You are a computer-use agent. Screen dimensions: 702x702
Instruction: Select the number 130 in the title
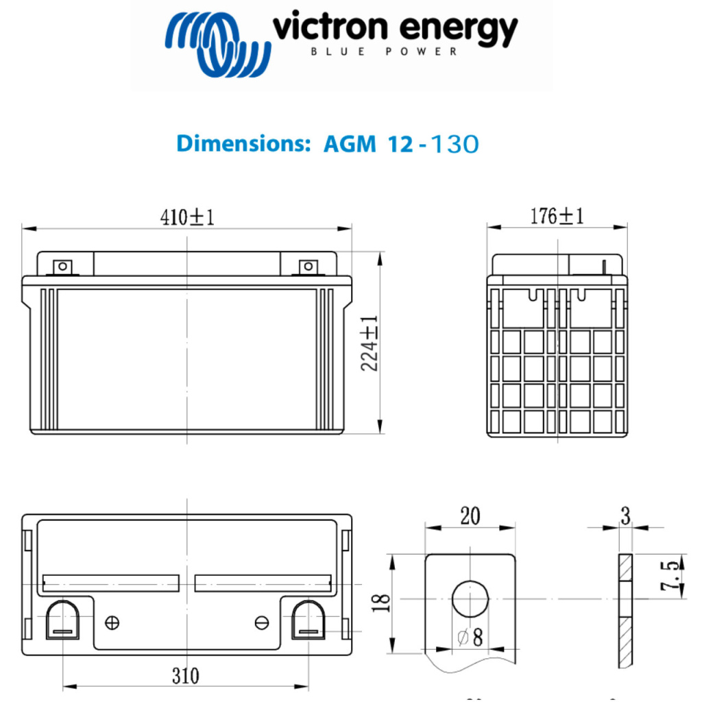click(452, 144)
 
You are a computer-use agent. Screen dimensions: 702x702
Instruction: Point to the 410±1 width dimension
click(187, 217)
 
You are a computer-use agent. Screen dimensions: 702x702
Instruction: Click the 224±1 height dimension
click(371, 343)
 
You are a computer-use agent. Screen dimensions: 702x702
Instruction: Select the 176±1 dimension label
click(557, 217)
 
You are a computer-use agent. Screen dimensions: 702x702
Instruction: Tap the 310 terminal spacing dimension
click(185, 676)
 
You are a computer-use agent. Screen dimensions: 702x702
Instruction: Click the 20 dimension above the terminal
click(470, 516)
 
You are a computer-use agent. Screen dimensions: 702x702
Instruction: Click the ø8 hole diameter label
click(471, 638)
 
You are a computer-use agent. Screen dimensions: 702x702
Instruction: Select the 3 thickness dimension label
click(625, 516)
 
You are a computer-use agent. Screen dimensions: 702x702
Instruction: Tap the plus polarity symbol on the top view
click(112, 622)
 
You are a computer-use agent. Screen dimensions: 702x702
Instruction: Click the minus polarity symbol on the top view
click(261, 622)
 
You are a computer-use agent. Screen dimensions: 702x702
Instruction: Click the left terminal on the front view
click(62, 266)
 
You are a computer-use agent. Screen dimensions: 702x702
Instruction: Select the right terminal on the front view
click(308, 266)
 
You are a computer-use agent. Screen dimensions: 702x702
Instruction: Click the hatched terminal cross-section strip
click(625, 610)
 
